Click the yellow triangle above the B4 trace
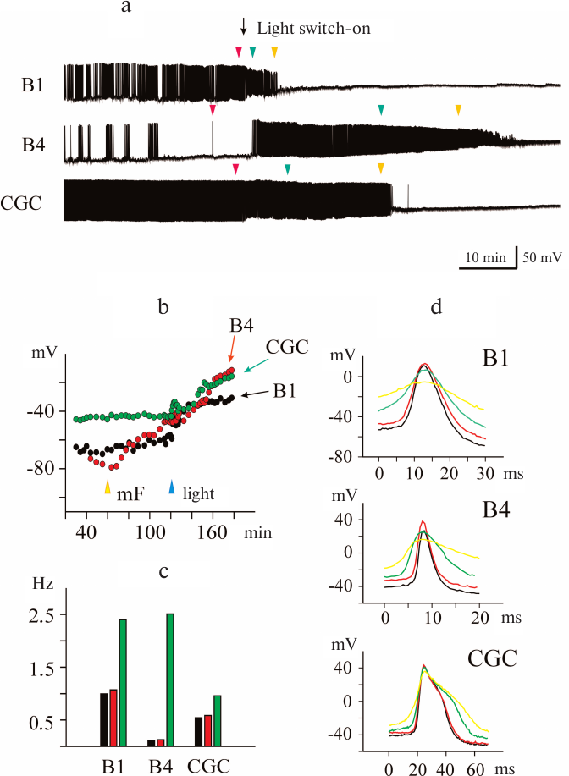pyautogui.click(x=458, y=109)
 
